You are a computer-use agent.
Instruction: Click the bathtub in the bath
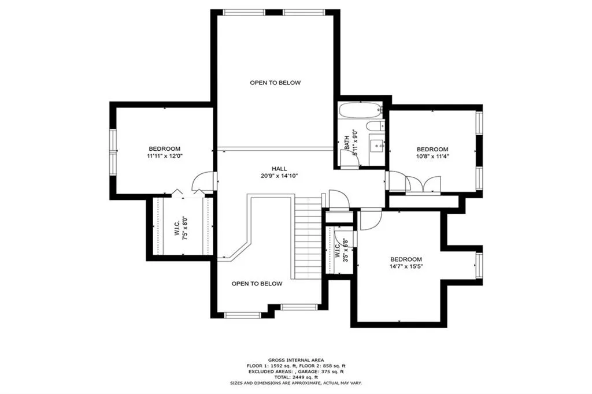(x=360, y=109)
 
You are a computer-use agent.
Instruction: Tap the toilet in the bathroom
(x=374, y=126)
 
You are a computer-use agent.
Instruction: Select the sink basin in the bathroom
(x=378, y=144)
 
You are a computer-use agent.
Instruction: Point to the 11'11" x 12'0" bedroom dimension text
(x=164, y=156)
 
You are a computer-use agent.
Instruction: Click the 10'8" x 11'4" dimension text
(x=432, y=157)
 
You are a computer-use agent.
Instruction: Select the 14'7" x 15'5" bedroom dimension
(x=405, y=266)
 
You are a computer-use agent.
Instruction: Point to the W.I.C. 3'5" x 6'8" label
(x=341, y=250)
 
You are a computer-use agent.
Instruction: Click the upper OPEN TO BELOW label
(x=275, y=83)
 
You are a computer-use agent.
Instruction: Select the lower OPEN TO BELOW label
(x=257, y=284)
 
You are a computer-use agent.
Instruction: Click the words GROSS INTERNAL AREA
(x=295, y=359)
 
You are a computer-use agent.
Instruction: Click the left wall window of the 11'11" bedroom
(x=113, y=150)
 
